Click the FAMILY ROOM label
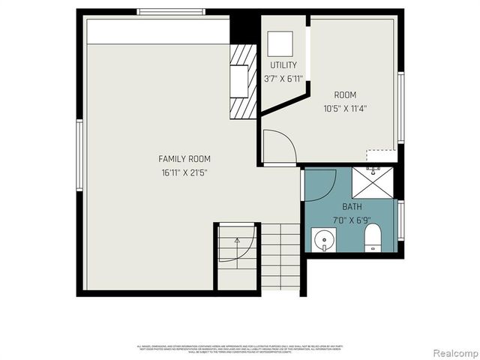[x=184, y=159]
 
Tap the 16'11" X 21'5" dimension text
[x=184, y=172]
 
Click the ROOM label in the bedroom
[x=345, y=95]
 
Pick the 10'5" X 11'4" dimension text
[x=345, y=108]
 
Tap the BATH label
[x=352, y=206]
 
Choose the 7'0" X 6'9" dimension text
[x=352, y=219]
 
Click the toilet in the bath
[x=373, y=239]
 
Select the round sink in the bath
[x=324, y=241]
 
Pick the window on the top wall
[x=171, y=11]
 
